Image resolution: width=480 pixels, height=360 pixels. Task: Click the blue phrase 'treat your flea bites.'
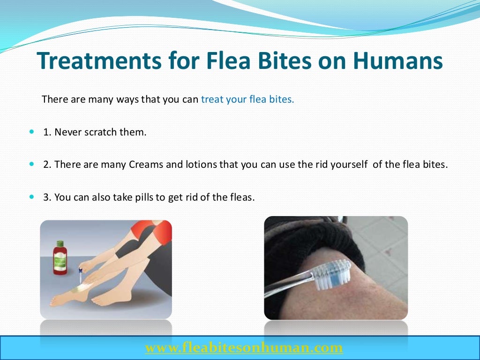coord(247,99)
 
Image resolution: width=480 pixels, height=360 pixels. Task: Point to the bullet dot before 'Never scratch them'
coord(32,132)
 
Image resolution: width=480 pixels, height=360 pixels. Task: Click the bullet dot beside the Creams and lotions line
coord(32,165)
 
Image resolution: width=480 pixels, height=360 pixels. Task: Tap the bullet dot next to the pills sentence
coord(32,197)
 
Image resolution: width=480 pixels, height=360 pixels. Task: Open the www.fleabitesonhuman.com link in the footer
coord(244,347)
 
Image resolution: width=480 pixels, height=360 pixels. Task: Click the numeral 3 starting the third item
coord(46,197)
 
